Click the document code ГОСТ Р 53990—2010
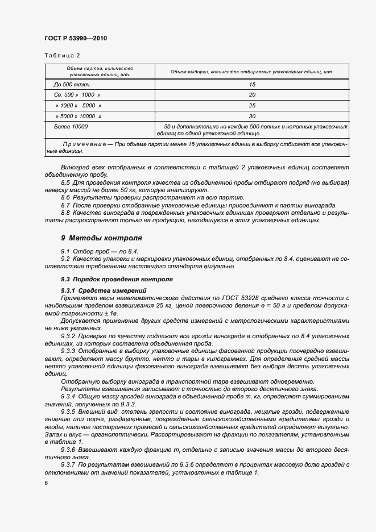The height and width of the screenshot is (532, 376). coord(75,39)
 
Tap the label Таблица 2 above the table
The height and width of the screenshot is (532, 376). coord(62,56)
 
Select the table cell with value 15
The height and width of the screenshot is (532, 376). coord(252,84)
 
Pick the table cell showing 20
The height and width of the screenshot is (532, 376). coord(252,95)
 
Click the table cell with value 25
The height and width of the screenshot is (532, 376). coord(252,105)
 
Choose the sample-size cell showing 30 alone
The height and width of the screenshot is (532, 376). coord(252,116)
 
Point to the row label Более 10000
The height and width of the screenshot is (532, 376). coord(71,126)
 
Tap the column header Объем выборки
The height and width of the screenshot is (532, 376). coord(252,72)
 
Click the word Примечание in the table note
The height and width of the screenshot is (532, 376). coord(84,144)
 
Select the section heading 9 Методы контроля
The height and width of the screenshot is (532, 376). coord(102,238)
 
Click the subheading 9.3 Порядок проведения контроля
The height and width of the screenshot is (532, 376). coord(116,279)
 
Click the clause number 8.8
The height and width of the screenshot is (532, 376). coord(66,213)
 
